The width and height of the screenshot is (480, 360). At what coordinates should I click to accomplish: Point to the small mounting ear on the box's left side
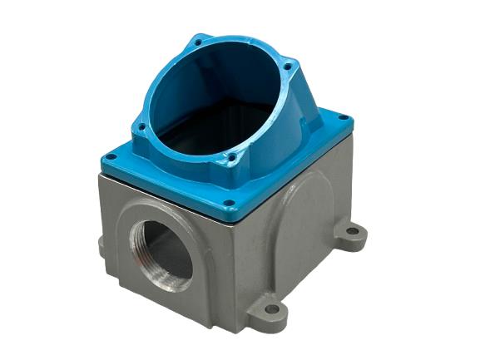pyautogui.click(x=101, y=246)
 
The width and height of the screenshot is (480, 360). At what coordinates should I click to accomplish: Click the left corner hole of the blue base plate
pyautogui.click(x=109, y=158)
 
